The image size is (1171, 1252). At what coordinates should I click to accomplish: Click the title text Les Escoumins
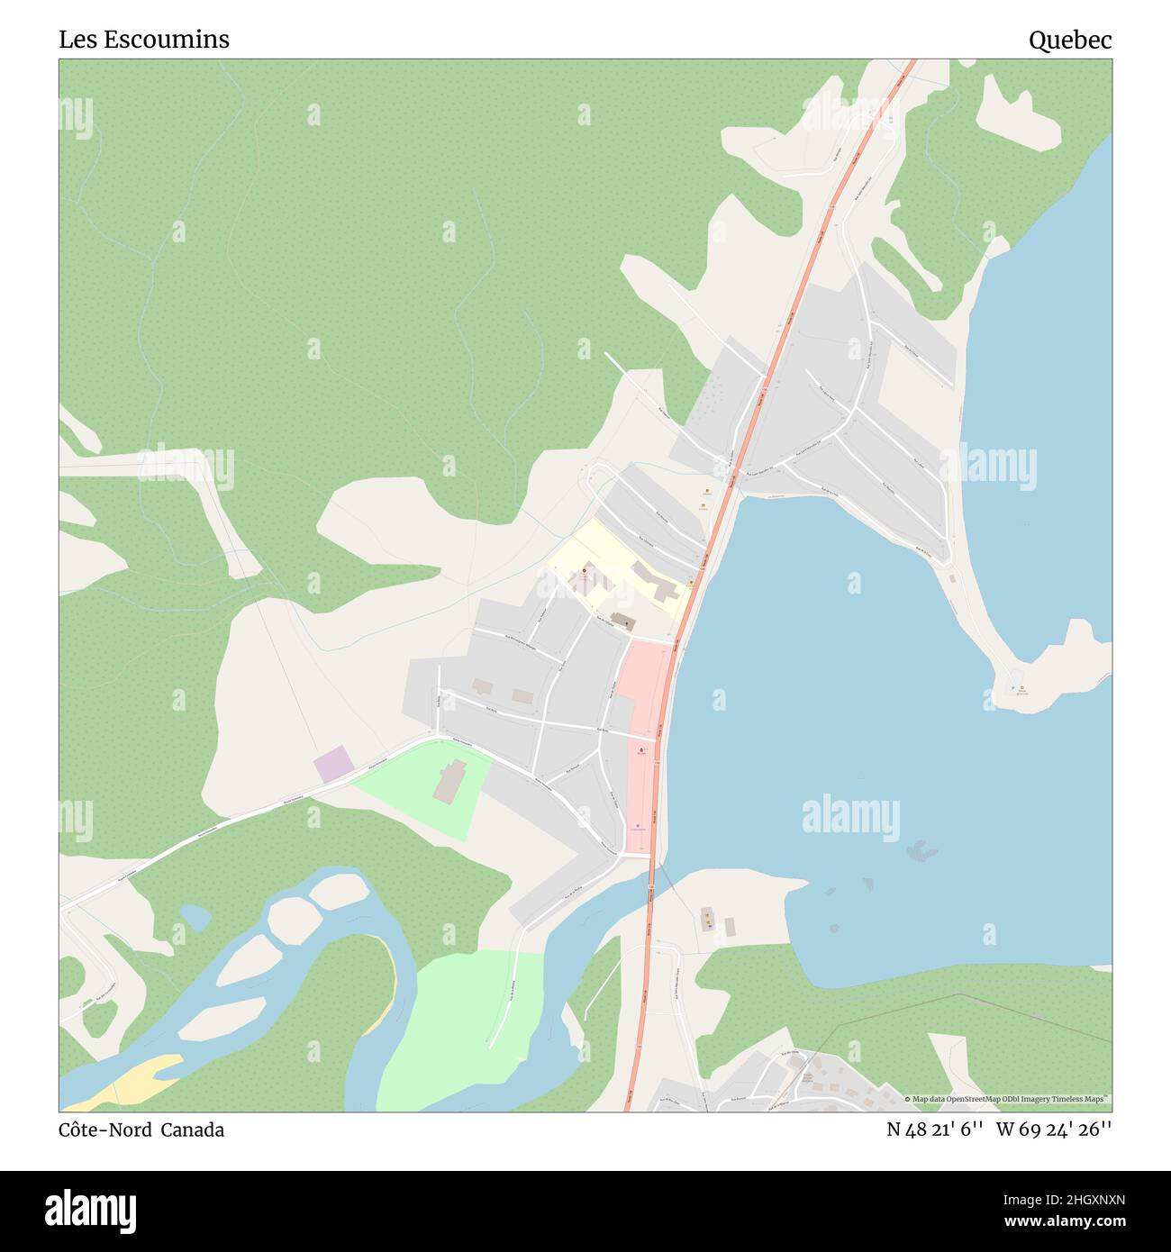pyautogui.click(x=144, y=40)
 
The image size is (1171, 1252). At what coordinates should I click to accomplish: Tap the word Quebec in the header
pyautogui.click(x=1070, y=40)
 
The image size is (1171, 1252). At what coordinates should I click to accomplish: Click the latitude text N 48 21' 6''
pyautogui.click(x=936, y=1130)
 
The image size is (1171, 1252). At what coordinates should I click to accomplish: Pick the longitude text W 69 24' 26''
pyautogui.click(x=1054, y=1130)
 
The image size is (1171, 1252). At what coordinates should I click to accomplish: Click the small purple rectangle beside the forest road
pyautogui.click(x=333, y=765)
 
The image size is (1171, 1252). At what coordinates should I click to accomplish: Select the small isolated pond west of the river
pyautogui.click(x=195, y=917)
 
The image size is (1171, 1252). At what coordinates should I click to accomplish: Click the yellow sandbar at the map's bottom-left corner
pyautogui.click(x=135, y=1081)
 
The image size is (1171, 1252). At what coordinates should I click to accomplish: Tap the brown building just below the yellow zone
pyautogui.click(x=623, y=621)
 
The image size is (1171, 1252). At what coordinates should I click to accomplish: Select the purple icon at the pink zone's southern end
pyautogui.click(x=638, y=825)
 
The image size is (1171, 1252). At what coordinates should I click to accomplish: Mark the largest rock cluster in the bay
pyautogui.click(x=920, y=848)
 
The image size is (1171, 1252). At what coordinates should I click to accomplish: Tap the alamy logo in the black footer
pyautogui.click(x=90, y=1210)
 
